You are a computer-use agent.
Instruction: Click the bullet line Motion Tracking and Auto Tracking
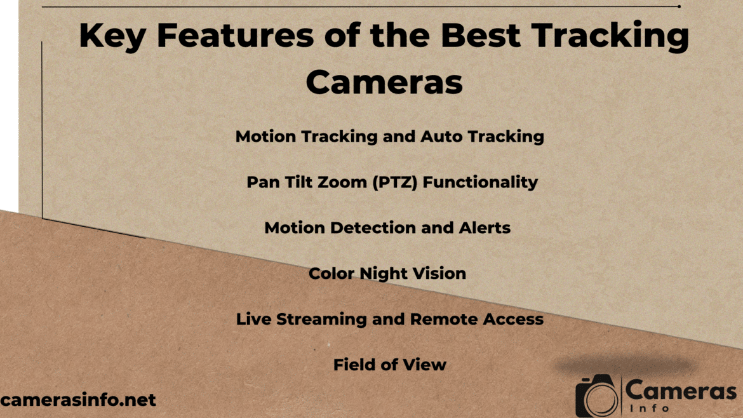(389, 137)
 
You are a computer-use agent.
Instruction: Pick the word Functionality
(480, 182)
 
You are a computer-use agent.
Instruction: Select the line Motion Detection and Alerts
(387, 227)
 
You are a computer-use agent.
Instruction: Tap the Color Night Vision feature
(387, 274)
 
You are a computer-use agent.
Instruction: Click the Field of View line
(389, 365)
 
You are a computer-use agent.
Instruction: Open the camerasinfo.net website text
(78, 400)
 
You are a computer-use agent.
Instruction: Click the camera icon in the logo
(597, 397)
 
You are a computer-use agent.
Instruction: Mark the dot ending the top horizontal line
(679, 6)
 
